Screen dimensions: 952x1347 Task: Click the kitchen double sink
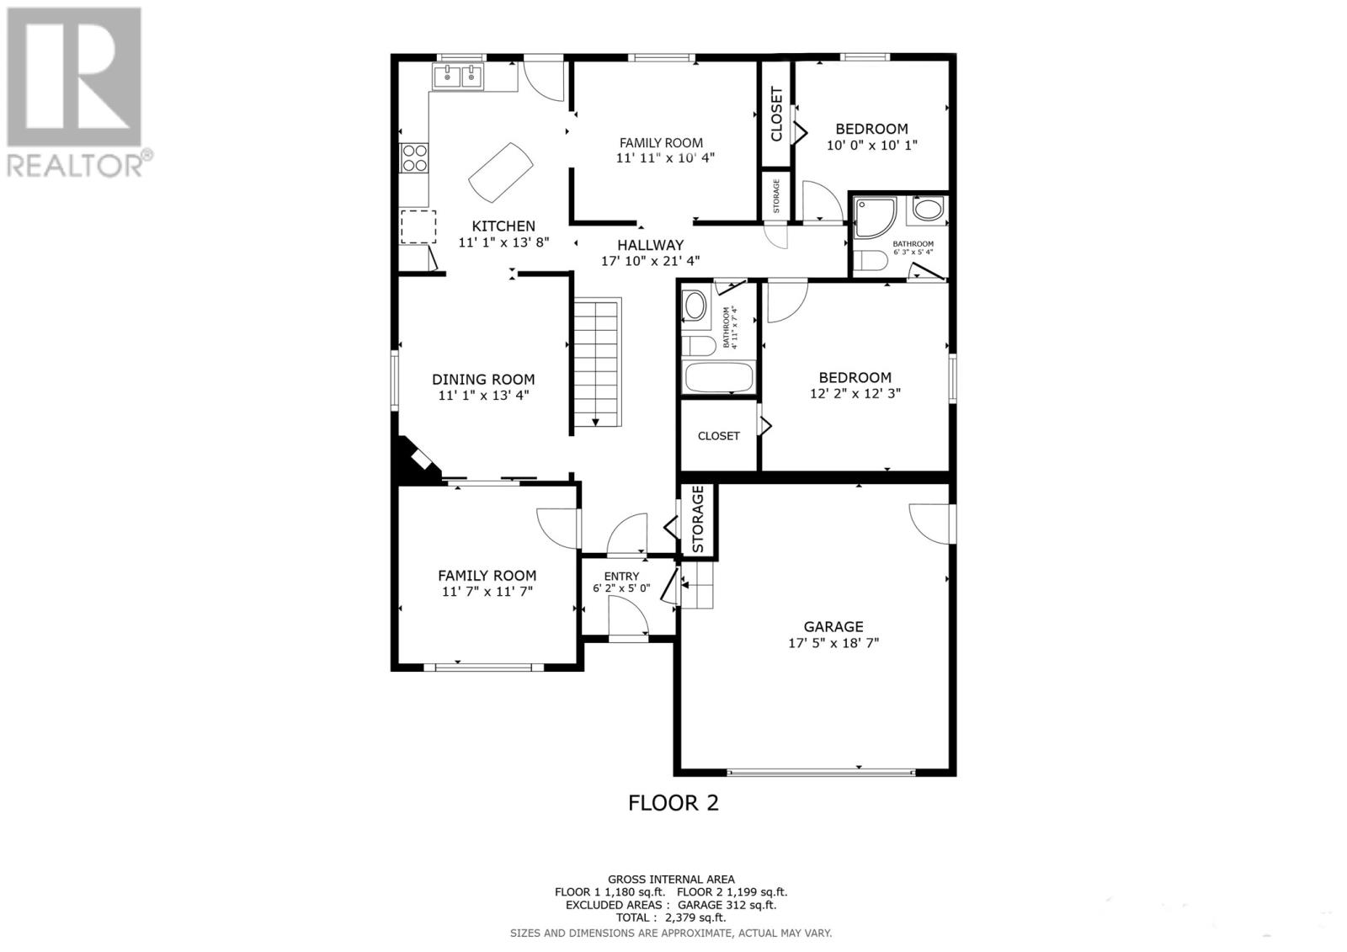click(x=459, y=77)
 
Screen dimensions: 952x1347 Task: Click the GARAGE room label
click(x=833, y=627)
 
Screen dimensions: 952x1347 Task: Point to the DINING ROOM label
click(x=483, y=380)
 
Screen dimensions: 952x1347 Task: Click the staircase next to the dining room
click(x=597, y=362)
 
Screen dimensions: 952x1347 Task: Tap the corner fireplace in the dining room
click(x=416, y=462)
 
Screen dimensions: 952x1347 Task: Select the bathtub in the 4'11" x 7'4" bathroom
click(x=718, y=377)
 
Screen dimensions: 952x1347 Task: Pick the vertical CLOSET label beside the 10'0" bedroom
click(x=776, y=114)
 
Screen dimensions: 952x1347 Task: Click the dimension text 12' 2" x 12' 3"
click(x=855, y=393)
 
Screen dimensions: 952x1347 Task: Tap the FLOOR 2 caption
click(x=673, y=803)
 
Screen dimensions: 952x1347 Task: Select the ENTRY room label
click(x=621, y=577)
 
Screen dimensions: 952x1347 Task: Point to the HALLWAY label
click(x=650, y=245)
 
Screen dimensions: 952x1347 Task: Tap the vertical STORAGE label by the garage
click(x=698, y=520)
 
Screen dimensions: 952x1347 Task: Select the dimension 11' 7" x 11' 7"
click(x=487, y=592)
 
